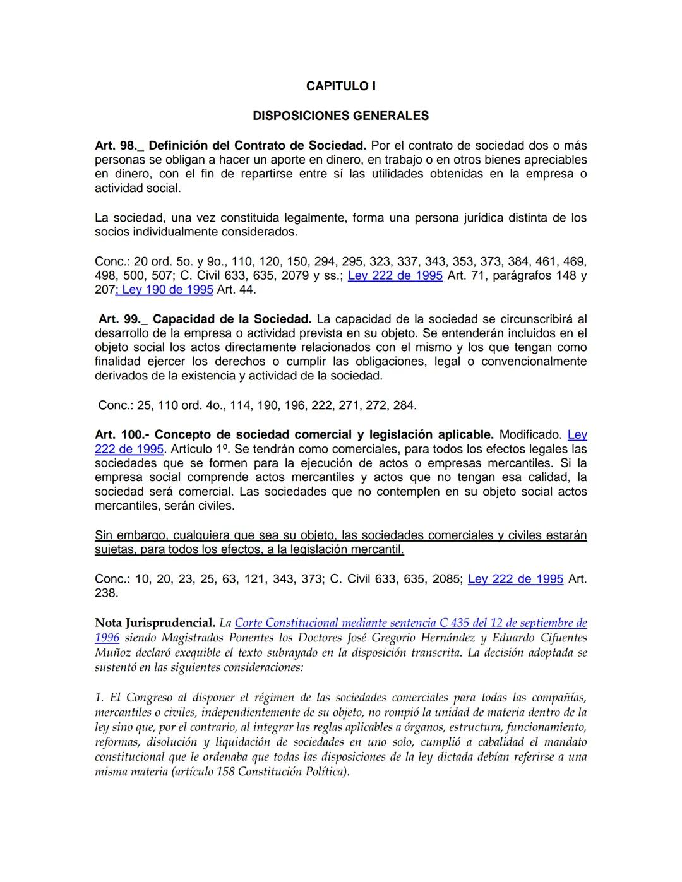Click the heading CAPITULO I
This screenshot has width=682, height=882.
tap(340, 86)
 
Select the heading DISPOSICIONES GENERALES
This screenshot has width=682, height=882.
tap(340, 116)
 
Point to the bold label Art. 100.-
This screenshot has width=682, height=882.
tap(121, 435)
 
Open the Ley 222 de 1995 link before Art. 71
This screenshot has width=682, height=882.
tap(395, 276)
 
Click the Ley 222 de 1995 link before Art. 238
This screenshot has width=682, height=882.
tap(515, 579)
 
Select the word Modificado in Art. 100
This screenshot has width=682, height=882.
tap(530, 435)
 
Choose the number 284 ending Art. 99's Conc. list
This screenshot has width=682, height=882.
tap(404, 405)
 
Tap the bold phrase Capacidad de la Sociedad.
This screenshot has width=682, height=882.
tap(232, 319)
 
